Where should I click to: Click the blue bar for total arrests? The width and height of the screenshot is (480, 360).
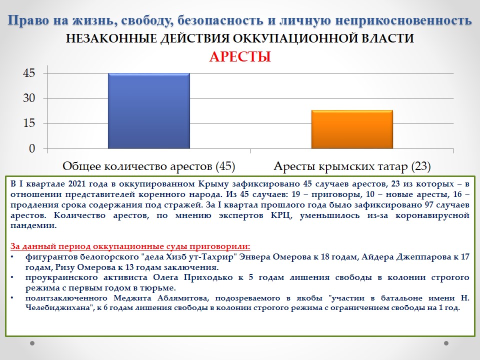(149, 111)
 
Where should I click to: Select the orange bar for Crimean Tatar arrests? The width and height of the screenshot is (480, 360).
(352, 129)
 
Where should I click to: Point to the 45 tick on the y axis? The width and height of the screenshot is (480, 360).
(29, 73)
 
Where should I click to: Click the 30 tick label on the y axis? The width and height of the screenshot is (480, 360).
(29, 98)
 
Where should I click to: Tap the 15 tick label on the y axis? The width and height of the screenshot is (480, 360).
(29, 123)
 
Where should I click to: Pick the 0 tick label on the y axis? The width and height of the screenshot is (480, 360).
(32, 148)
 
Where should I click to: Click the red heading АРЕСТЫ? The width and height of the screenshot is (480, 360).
(240, 57)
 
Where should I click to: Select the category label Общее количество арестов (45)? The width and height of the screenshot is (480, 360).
(149, 166)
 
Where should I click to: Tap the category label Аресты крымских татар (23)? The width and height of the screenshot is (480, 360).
(352, 166)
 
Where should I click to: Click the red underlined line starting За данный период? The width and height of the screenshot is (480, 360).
(130, 246)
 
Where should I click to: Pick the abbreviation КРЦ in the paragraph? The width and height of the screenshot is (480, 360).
(281, 215)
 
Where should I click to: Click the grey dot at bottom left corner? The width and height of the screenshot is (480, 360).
(32, 343)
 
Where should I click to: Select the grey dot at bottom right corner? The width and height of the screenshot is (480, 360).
(446, 343)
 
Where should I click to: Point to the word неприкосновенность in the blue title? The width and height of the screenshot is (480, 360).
(404, 21)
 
